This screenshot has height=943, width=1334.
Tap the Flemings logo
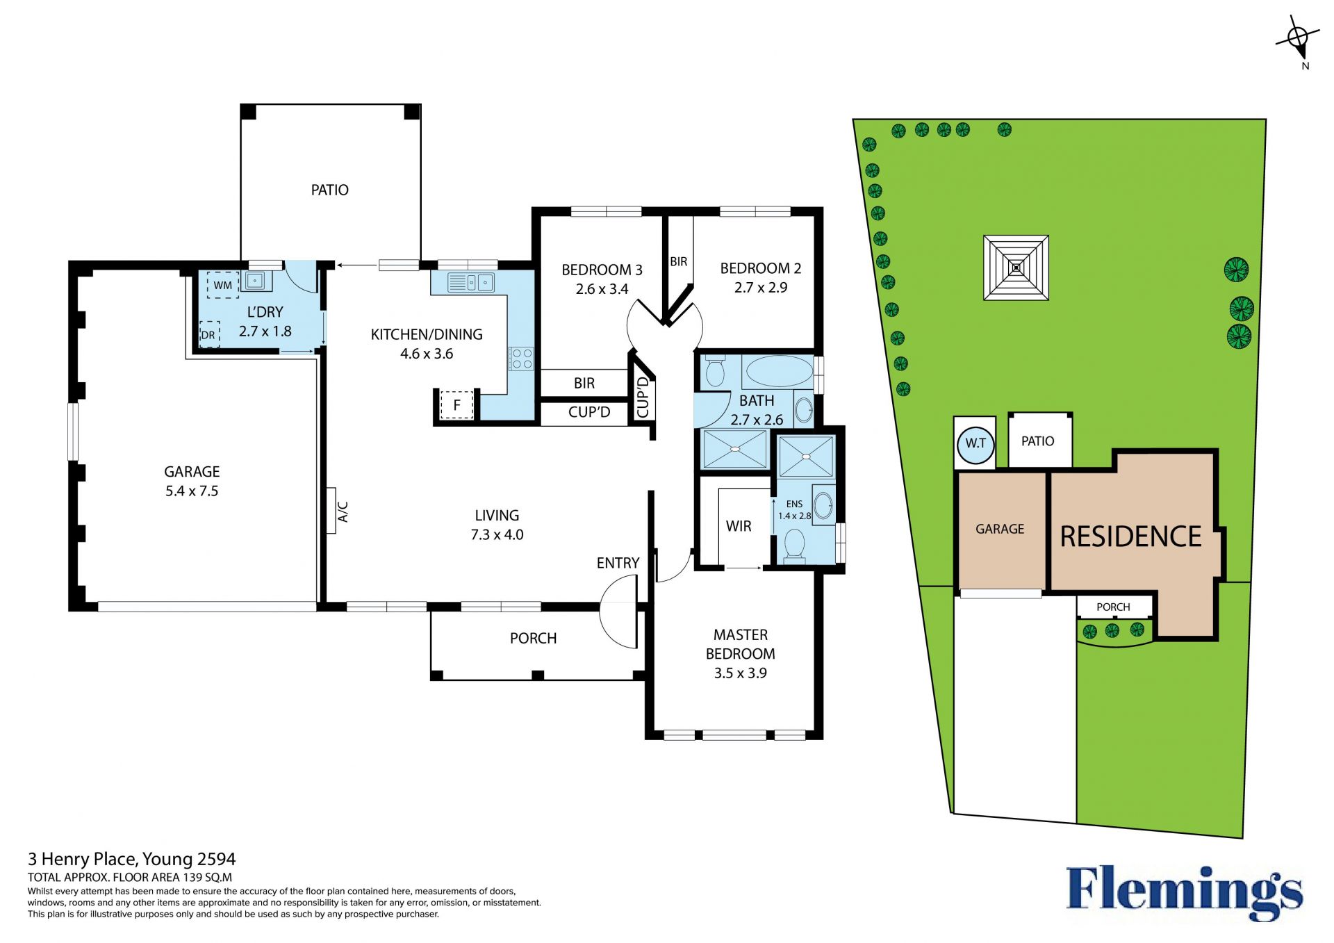click(1185, 892)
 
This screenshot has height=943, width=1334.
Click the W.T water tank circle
click(975, 443)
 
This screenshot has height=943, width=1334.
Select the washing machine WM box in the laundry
click(223, 285)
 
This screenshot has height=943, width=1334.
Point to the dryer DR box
click(209, 335)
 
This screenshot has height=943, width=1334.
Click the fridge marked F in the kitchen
click(457, 404)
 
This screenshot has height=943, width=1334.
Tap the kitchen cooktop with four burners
click(522, 359)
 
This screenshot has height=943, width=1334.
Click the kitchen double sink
click(470, 282)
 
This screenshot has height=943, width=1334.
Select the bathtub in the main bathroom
click(777, 371)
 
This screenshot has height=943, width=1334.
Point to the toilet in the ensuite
click(794, 545)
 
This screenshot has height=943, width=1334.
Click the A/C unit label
click(343, 511)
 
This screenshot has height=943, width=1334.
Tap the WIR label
click(739, 527)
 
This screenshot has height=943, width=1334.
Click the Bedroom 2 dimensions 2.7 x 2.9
click(761, 288)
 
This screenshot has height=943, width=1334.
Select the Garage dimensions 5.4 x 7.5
click(192, 491)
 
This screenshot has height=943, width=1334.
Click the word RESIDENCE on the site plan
click(1130, 536)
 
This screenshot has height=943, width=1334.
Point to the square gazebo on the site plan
click(1016, 268)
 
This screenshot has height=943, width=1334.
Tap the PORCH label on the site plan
click(1113, 607)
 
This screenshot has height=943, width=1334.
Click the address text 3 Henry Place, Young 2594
click(132, 860)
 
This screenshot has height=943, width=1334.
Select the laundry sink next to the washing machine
click(256, 281)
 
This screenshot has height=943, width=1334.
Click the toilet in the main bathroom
click(714, 370)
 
